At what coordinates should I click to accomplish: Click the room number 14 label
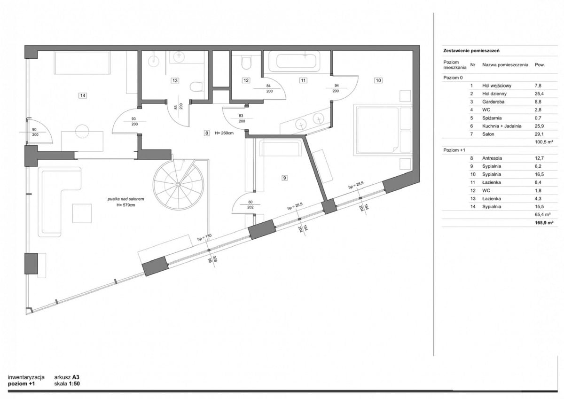[83, 95]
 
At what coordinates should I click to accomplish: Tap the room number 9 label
[284, 178]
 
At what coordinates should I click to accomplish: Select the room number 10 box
[378, 80]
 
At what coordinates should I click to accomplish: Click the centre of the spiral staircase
[178, 185]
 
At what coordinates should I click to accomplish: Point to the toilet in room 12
[246, 63]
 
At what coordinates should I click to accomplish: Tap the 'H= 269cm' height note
[224, 133]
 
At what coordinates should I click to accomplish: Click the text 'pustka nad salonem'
[125, 199]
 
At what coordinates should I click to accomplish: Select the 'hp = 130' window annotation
[204, 237]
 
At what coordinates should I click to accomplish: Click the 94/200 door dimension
[336, 88]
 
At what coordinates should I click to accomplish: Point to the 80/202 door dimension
[250, 204]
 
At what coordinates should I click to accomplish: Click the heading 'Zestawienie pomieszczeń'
[471, 51]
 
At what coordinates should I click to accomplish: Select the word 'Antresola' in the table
[492, 158]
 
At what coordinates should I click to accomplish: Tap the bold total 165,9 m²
[544, 223]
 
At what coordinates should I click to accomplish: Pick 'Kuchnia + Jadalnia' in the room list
[502, 126]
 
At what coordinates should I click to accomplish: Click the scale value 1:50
[74, 384]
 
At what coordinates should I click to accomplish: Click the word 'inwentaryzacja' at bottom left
[26, 377]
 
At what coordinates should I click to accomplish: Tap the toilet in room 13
[196, 87]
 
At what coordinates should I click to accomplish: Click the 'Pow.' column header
[540, 65]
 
